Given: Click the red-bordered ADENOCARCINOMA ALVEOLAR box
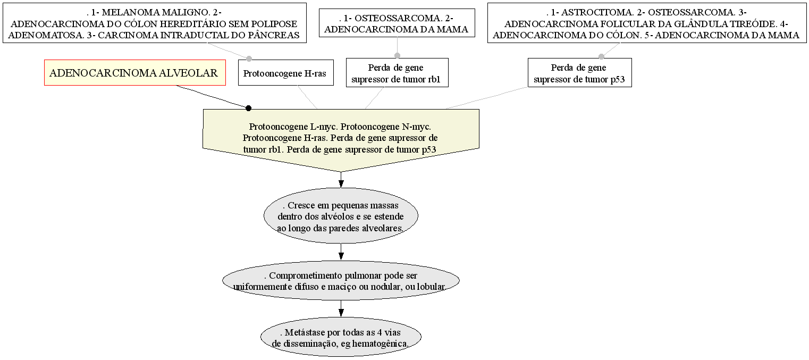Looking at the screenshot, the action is [135, 73].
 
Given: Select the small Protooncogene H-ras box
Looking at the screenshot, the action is [285, 73].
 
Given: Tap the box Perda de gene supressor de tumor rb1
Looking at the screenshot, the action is [397, 73].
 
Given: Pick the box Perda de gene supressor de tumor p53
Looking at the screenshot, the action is [580, 73].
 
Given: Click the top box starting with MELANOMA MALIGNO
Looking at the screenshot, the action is [155, 23].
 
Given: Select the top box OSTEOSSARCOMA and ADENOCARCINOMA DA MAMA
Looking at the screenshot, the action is [397, 23].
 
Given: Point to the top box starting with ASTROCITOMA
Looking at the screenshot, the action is [647, 23].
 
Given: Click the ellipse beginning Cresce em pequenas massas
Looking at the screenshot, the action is [341, 216].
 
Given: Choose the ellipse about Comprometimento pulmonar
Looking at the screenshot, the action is [341, 280].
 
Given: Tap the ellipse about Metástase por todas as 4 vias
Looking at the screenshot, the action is [341, 337].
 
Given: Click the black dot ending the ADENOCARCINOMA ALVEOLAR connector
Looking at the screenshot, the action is [248, 108].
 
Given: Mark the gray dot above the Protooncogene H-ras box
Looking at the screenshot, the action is [249, 58].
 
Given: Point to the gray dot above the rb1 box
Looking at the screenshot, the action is [397, 55].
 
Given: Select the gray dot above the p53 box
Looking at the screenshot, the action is [601, 56].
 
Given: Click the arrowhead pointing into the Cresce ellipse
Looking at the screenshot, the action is [341, 184].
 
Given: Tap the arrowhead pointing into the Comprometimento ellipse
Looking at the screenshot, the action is [341, 256].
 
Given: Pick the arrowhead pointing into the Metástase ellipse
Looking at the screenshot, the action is [341, 313].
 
